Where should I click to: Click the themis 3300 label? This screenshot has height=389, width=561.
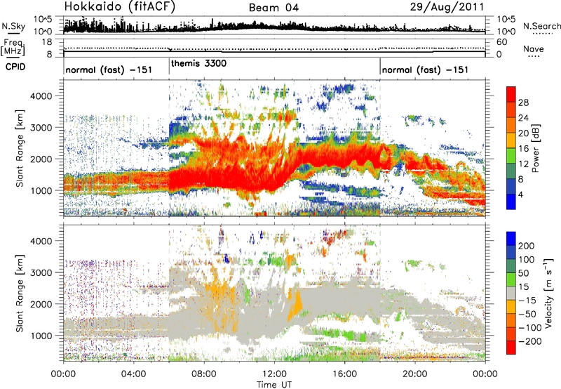pos(198,63)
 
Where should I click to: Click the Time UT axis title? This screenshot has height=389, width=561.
pos(273,384)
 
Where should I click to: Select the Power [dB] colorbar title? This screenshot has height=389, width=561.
pos(536,148)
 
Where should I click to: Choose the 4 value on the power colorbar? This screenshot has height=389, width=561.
pos(522,193)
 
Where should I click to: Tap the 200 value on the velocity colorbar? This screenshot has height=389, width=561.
pos(527,246)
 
